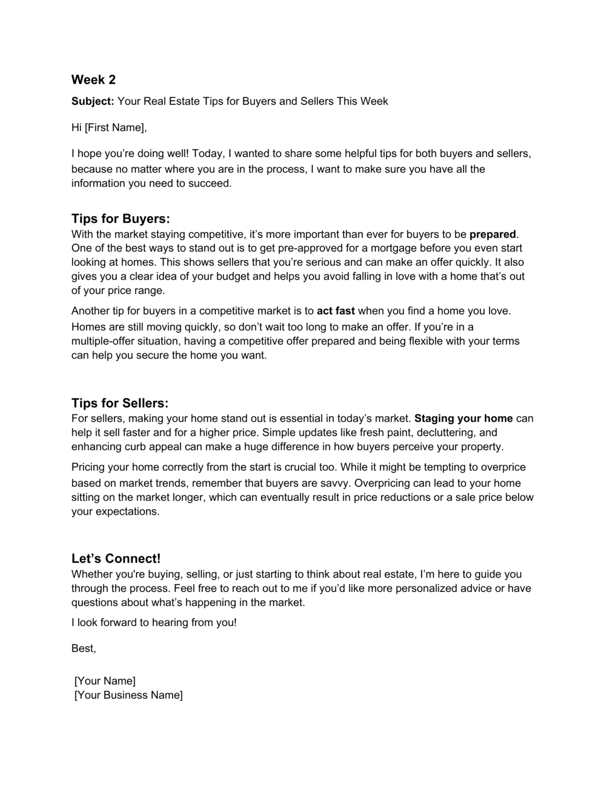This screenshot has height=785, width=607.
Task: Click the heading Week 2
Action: [x=94, y=80]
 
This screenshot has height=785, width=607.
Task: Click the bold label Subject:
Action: [x=93, y=101]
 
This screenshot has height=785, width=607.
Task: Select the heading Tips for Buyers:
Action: [x=121, y=219]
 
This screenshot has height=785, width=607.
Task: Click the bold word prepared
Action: [x=492, y=235]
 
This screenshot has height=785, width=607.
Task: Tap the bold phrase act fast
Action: [x=335, y=311]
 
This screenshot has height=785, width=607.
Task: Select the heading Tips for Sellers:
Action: [x=120, y=403]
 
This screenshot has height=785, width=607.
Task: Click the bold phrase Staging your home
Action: [x=463, y=419]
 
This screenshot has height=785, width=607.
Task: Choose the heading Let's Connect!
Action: [x=116, y=559]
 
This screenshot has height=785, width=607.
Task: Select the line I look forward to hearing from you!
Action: [x=154, y=622]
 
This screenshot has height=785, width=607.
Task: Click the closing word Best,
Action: [x=84, y=649]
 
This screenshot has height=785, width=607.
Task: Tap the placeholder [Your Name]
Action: [x=105, y=681]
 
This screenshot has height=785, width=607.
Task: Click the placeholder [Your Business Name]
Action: [x=128, y=695]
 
